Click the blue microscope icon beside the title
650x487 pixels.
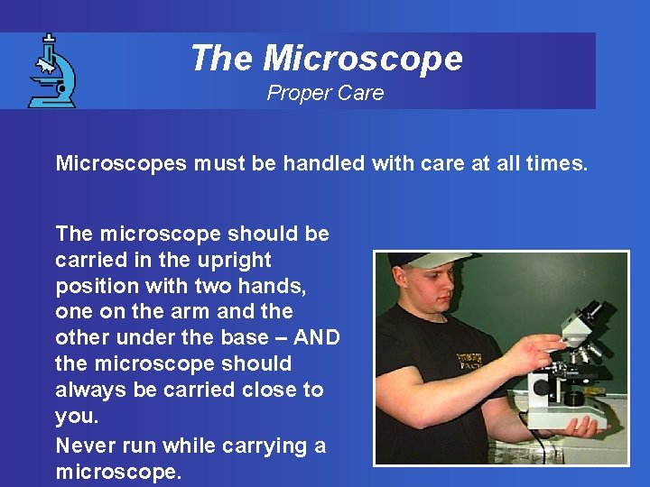click(x=51, y=71)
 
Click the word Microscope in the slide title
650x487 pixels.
click(x=363, y=59)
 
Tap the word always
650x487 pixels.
click(x=87, y=390)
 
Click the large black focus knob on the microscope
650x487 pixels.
click(x=541, y=387)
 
